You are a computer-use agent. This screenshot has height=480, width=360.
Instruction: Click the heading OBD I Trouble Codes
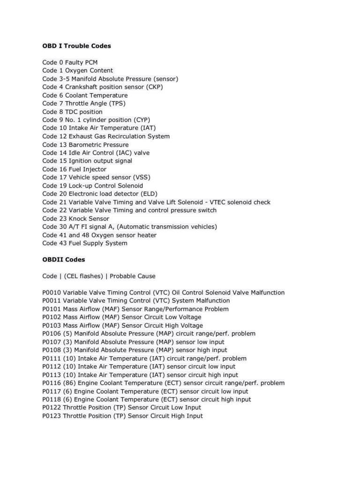point(76,46)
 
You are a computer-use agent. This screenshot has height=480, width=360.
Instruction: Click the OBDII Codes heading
point(64,259)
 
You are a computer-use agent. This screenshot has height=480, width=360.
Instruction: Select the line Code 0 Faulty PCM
point(70,62)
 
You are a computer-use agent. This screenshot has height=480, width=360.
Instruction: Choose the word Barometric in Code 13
point(86,144)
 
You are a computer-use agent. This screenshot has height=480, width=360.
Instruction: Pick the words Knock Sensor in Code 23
point(89,218)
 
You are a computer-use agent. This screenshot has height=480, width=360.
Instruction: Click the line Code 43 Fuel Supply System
point(84,243)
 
